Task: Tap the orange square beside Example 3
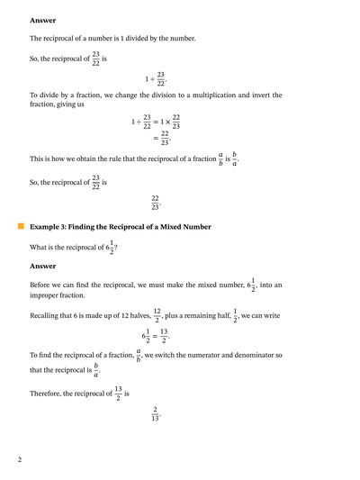(21, 228)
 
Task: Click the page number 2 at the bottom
(20, 460)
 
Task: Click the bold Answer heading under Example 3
(42, 266)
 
